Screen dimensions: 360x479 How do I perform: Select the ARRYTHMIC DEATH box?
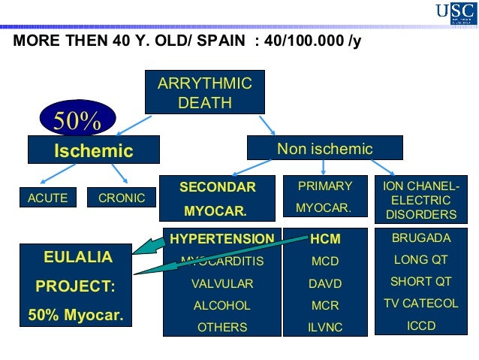(x=205, y=92)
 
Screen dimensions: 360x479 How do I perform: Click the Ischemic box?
(x=93, y=151)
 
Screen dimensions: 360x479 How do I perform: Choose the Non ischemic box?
(x=324, y=148)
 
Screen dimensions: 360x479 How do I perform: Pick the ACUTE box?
(x=48, y=198)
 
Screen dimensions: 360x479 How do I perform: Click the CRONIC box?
(x=122, y=198)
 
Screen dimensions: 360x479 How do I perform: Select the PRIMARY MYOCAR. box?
(x=325, y=197)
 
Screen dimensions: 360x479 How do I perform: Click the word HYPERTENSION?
(x=222, y=239)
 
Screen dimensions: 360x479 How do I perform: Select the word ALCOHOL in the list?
(x=222, y=306)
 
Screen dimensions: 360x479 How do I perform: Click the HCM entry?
(x=325, y=239)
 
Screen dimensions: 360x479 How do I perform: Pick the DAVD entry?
(x=325, y=284)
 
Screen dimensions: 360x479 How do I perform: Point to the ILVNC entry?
(x=325, y=327)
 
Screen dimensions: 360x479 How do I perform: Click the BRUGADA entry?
(x=422, y=238)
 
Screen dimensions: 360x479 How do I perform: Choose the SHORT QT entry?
(x=422, y=282)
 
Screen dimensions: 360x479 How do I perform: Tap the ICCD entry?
(x=422, y=326)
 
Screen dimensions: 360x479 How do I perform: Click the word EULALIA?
(x=78, y=258)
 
